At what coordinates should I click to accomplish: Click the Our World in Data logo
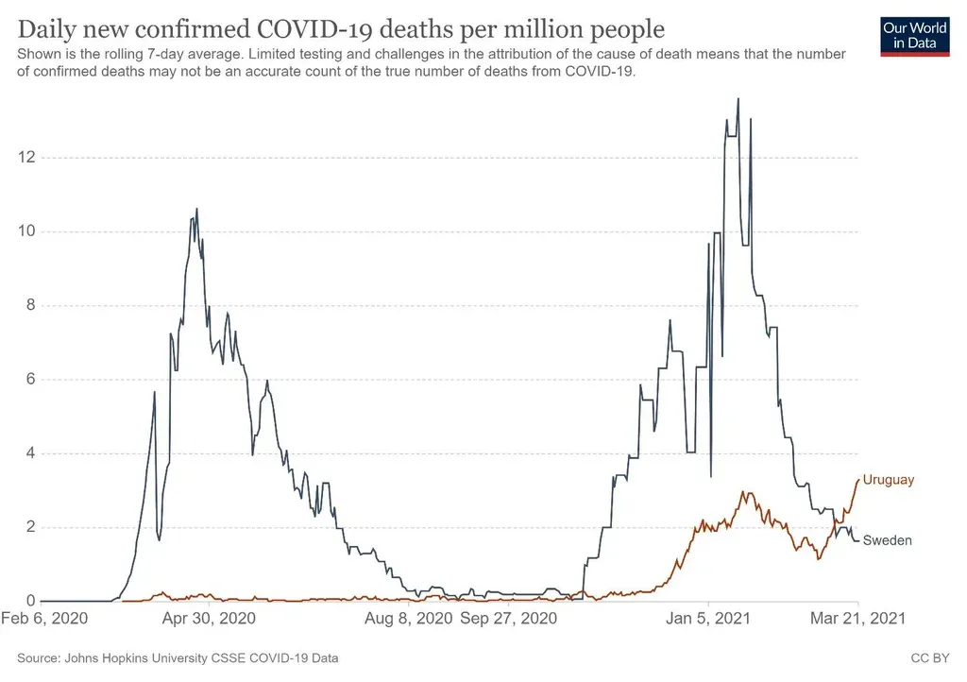[x=914, y=35]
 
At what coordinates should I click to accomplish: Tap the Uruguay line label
[x=889, y=480]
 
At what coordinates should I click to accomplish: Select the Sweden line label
[x=888, y=540]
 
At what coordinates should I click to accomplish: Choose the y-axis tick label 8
[x=32, y=305]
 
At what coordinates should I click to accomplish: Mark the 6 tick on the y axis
[x=32, y=379]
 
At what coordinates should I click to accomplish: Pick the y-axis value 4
[x=32, y=453]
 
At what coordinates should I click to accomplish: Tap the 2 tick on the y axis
[x=32, y=527]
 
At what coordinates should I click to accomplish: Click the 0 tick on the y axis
[x=32, y=601]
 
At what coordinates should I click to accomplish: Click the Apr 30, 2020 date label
[x=209, y=620]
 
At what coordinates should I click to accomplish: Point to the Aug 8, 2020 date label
[x=409, y=620]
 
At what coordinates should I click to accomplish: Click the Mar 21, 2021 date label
[x=858, y=620]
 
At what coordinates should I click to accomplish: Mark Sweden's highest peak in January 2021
[x=738, y=98]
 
